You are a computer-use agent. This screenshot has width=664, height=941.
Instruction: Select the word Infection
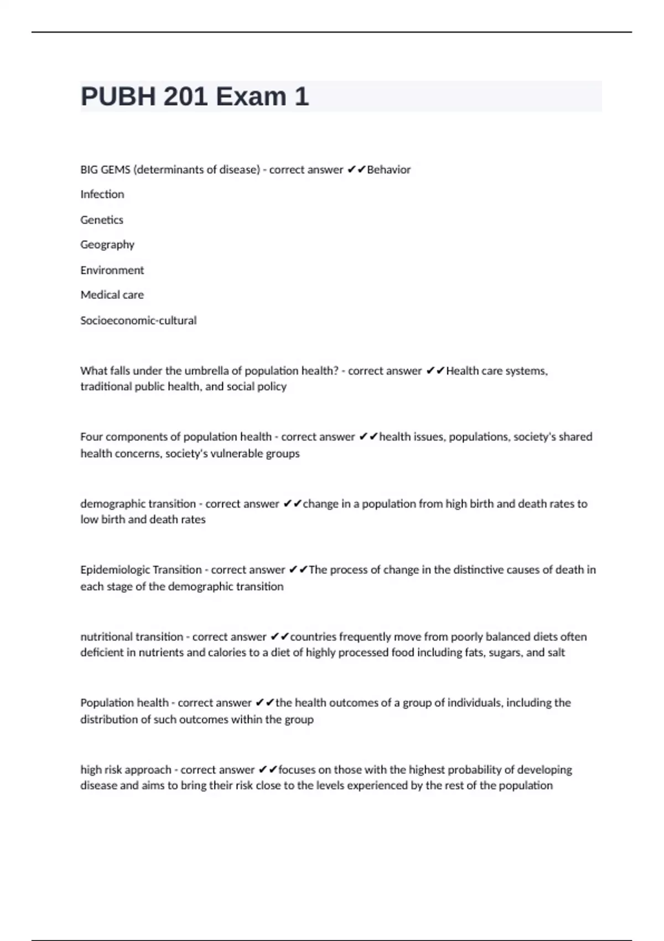coord(102,194)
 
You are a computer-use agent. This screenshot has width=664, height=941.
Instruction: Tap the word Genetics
coord(102,220)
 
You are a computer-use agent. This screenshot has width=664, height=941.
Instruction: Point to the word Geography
coord(107,245)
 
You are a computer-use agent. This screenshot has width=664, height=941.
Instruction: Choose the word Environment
coord(112,270)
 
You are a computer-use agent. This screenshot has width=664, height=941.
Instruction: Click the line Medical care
coord(112,295)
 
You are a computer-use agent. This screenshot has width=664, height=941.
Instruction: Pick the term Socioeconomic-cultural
coord(138,320)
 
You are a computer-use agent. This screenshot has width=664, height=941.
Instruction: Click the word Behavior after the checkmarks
coord(388,170)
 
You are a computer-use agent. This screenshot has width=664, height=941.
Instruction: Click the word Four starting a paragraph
coord(91,437)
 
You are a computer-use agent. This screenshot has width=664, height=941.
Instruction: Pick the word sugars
coord(505,653)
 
